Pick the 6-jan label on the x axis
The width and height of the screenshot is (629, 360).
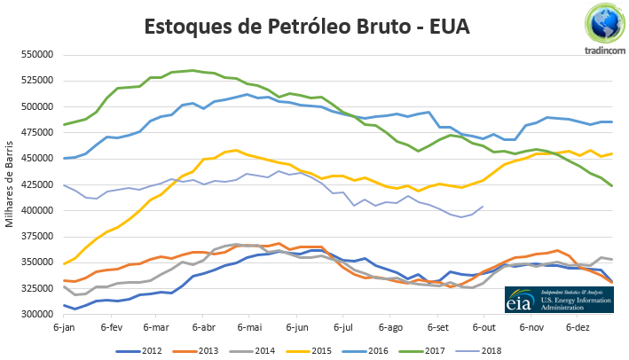[x=64, y=327]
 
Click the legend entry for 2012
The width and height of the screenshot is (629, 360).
[x=141, y=348]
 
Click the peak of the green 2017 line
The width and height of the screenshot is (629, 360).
[x=193, y=69]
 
